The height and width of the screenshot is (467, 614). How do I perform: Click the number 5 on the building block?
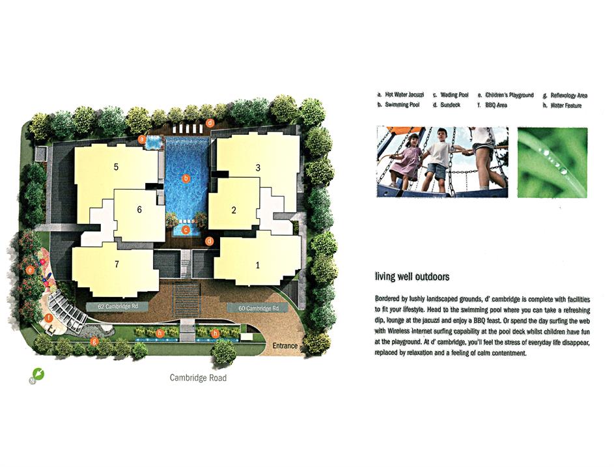tap(116, 167)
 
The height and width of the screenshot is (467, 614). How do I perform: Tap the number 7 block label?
tap(117, 264)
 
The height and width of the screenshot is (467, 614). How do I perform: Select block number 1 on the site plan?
tap(258, 265)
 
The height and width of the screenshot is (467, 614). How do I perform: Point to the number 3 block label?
tap(258, 167)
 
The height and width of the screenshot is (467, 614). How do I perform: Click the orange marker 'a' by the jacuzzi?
tap(142, 139)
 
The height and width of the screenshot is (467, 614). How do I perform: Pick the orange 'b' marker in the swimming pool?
tap(186, 178)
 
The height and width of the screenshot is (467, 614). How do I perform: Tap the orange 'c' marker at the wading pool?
tap(186, 230)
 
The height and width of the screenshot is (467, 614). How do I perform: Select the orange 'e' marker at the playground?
tap(30, 270)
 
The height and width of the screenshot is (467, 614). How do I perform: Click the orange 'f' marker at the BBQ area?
tap(49, 318)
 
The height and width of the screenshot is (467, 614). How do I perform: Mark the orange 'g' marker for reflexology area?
tap(94, 341)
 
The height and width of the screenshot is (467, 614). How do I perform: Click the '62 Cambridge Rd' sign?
tap(117, 306)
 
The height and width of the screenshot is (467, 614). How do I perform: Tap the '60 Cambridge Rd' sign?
tap(258, 308)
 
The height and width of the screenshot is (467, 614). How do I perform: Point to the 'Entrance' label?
tap(285, 346)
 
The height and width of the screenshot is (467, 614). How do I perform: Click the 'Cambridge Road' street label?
tap(198, 378)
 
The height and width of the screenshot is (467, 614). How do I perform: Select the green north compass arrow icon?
tap(39, 374)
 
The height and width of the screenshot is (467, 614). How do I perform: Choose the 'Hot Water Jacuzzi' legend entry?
tap(400, 95)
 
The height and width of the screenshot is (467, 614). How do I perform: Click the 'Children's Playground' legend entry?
tap(505, 95)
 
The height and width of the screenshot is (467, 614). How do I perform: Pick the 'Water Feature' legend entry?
tap(563, 106)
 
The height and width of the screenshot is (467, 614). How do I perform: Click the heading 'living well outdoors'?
tap(412, 277)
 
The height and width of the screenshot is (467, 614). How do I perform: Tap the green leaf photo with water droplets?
tap(553, 162)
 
